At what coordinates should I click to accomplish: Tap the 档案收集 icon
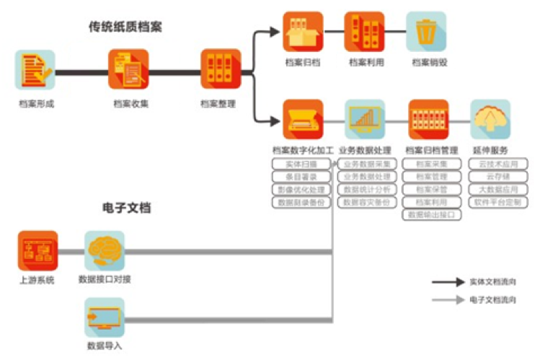pos(128,69)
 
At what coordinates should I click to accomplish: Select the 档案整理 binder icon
pos(221,69)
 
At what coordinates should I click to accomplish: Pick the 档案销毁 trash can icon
pos(426,31)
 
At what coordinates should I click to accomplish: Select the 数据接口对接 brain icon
pos(105,250)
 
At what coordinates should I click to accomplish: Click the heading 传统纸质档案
pos(125,27)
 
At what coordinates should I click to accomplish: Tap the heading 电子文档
pos(126,208)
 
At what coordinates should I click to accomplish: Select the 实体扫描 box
pos(302,164)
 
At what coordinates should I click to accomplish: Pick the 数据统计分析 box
pos(367,190)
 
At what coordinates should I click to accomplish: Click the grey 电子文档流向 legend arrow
pos(446,299)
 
